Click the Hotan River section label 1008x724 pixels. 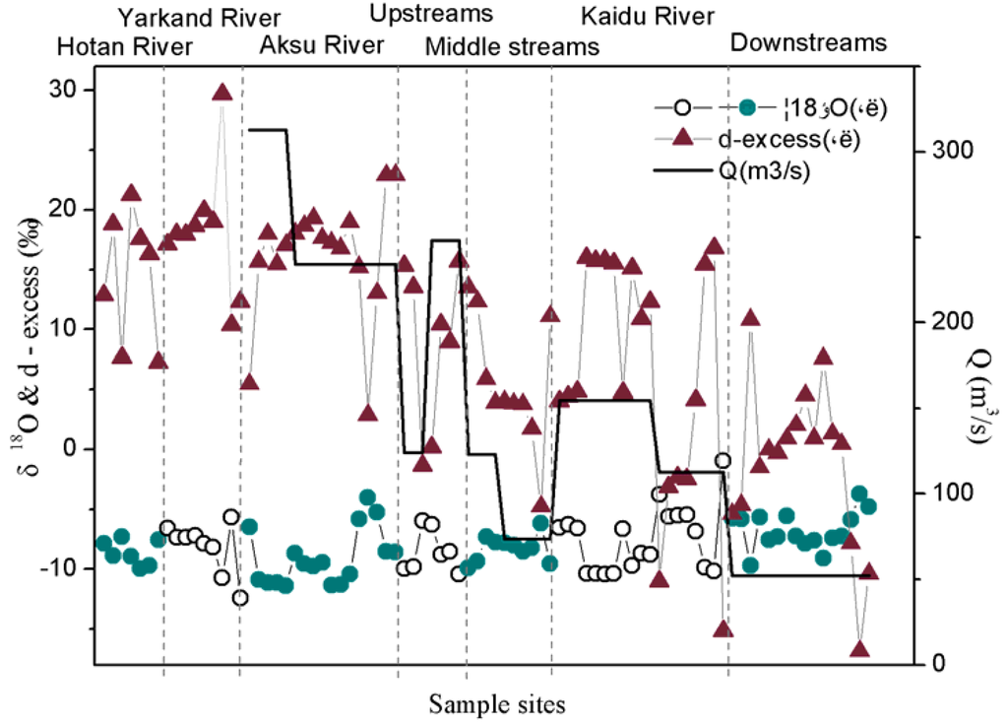pyautogui.click(x=124, y=46)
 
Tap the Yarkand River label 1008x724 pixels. pyautogui.click(x=199, y=18)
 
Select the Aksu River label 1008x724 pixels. pyautogui.click(x=321, y=46)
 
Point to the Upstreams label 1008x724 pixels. pyautogui.click(x=431, y=15)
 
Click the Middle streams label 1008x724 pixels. pyautogui.click(x=512, y=46)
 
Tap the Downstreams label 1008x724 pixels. pyautogui.click(x=808, y=43)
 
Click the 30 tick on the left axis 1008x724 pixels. pyautogui.click(x=66, y=90)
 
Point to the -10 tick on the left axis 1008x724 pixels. pyautogui.click(x=62, y=568)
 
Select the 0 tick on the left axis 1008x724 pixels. pyautogui.click(x=72, y=448)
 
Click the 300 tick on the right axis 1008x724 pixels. pyautogui.click(x=942, y=151)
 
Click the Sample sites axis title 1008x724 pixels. pyautogui.click(x=497, y=703)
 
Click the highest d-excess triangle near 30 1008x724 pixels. pyautogui.click(x=221, y=92)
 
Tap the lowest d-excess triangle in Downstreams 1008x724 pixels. pyautogui.click(x=860, y=649)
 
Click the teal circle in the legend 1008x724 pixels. pyautogui.click(x=747, y=106)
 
